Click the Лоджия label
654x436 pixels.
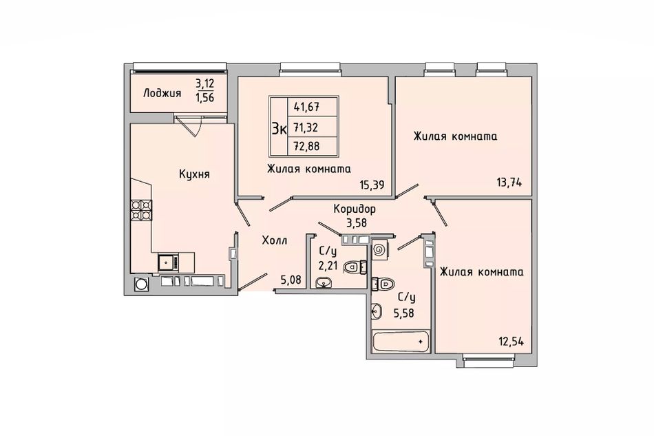click(162, 93)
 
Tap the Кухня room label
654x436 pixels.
click(194, 174)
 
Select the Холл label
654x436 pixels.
click(275, 240)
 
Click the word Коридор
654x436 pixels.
click(355, 209)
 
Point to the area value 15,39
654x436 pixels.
click(372, 185)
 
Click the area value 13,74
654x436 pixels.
click(509, 183)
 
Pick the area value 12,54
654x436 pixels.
click(511, 341)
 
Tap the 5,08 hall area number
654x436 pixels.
click(291, 280)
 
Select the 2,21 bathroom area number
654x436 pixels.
click(328, 265)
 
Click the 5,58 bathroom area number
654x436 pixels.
click(403, 313)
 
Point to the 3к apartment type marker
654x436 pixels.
click(279, 129)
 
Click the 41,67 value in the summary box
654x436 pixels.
click(306, 107)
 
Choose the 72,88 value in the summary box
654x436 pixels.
click(306, 146)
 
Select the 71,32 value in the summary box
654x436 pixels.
click(306, 127)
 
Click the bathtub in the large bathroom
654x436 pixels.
click(401, 341)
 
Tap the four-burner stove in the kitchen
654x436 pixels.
click(141, 210)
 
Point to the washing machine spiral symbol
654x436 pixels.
click(379, 250)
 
